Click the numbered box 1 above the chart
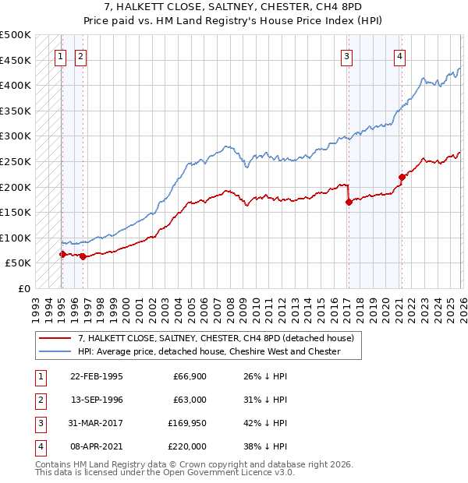[60, 56]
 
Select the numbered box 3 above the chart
[346, 56]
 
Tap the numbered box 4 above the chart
[399, 56]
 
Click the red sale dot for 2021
[402, 177]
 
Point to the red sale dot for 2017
[349, 202]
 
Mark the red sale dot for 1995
[62, 254]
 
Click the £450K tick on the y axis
[16, 60]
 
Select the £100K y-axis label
[16, 238]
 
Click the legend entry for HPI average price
[209, 351]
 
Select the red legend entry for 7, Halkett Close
[216, 338]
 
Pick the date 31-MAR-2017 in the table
[96, 425]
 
